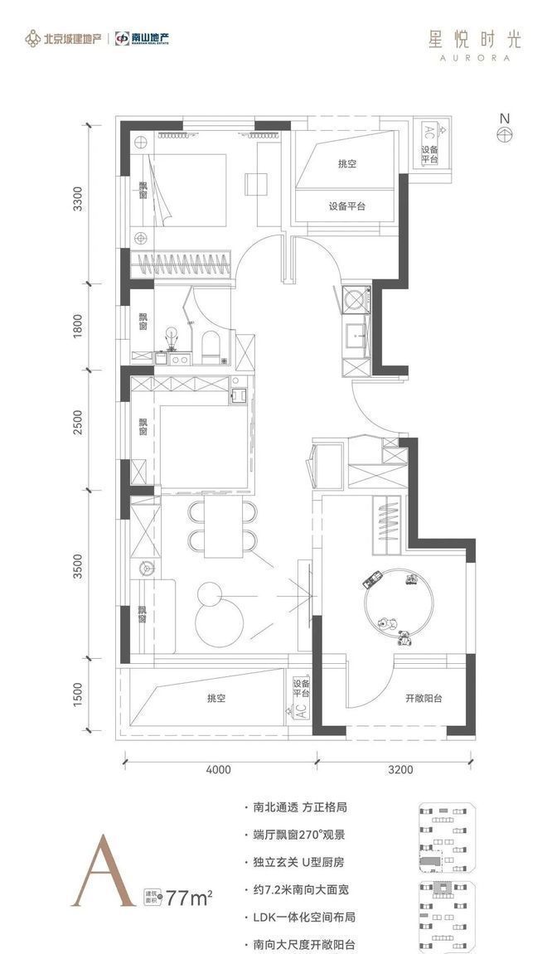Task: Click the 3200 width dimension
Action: [399, 769]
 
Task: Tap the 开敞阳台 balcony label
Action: [423, 698]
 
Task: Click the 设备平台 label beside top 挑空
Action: [346, 206]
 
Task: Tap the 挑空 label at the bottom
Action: [217, 699]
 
